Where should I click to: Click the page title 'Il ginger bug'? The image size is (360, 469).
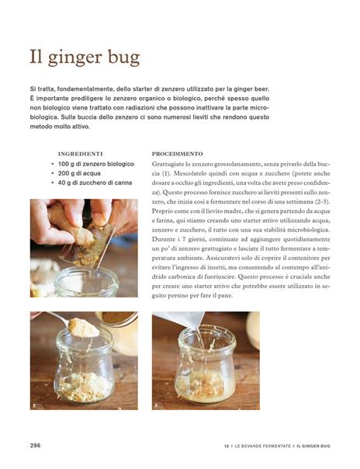tap(85, 57)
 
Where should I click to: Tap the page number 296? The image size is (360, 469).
tap(35, 446)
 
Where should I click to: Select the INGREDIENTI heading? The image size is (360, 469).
tap(81, 154)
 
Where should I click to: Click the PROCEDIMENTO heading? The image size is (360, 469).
tap(177, 154)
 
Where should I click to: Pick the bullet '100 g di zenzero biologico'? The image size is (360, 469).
tap(96, 164)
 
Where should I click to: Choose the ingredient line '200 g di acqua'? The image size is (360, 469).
tap(79, 173)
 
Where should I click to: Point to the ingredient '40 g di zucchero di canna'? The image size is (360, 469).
tap(95, 182)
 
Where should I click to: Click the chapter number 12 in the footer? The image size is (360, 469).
tap(227, 446)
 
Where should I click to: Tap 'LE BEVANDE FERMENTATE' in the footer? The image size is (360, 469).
tap(262, 446)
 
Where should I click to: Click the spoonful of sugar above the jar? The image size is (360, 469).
tap(83, 328)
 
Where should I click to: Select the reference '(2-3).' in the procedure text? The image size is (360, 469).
tap(322, 202)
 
